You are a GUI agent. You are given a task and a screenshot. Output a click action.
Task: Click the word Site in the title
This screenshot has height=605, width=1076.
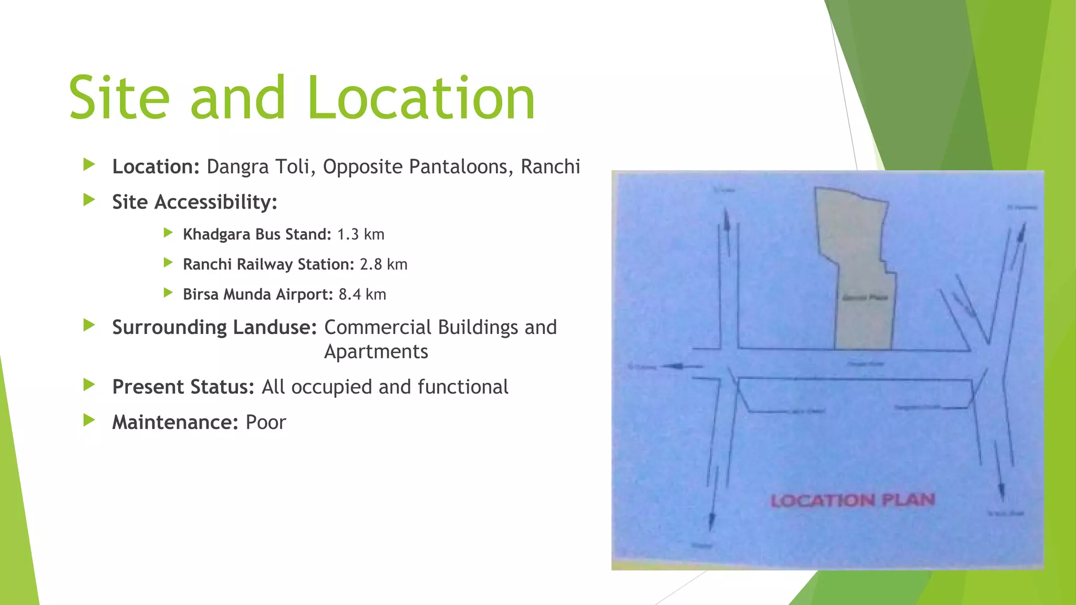click(119, 98)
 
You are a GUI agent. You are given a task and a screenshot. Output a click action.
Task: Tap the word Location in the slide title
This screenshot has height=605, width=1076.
click(421, 98)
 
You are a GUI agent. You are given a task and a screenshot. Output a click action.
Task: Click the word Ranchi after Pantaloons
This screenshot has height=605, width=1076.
click(550, 166)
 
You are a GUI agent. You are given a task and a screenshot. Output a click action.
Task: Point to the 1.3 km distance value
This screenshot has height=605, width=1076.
click(360, 234)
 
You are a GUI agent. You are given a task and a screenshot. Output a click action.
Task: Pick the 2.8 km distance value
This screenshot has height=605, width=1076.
click(384, 264)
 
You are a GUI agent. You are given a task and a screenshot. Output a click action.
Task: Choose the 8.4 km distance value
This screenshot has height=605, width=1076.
click(362, 294)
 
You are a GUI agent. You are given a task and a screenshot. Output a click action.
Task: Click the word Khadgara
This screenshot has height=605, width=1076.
click(216, 234)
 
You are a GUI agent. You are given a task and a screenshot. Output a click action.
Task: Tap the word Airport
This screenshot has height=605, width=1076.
click(304, 295)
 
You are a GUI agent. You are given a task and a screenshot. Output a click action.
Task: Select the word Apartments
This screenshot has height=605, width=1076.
click(376, 351)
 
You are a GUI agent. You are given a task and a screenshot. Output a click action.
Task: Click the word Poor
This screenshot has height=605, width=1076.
click(266, 422)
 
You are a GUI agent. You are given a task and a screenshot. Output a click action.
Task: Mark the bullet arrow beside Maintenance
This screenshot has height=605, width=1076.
click(89, 420)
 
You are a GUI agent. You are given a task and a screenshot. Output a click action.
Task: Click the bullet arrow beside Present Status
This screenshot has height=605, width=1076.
click(89, 385)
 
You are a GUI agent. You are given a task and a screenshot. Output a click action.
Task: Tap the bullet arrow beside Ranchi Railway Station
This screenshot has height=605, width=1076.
click(168, 262)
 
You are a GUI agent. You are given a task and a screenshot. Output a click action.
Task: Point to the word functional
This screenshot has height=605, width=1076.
click(463, 387)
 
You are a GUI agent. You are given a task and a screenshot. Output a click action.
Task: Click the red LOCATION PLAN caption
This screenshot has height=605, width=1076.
click(852, 500)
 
